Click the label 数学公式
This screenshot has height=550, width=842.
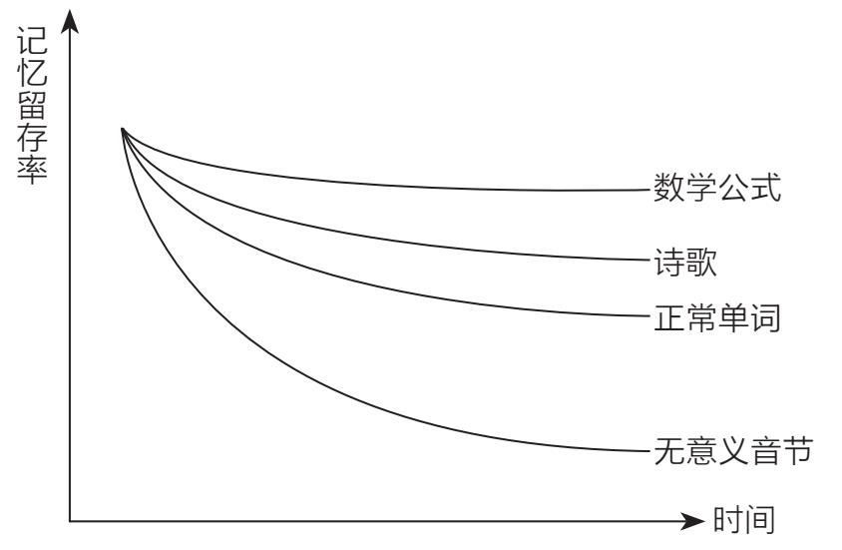point(716,188)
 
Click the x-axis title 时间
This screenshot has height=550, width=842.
point(743,522)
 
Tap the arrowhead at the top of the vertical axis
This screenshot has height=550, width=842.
point(70,22)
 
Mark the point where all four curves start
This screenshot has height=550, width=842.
point(122,128)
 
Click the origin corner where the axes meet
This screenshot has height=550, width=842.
point(70,521)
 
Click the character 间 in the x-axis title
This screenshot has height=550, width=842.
point(759,522)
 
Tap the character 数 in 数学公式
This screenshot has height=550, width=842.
point(667,188)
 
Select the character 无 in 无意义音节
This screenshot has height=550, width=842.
point(667,453)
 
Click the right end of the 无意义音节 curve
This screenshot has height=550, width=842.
point(646,451)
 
